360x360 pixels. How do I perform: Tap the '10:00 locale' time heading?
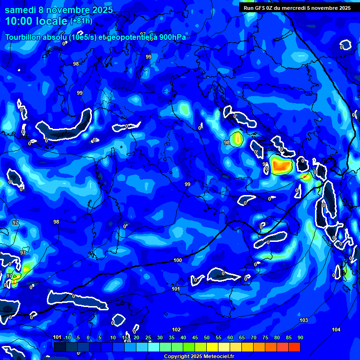[37, 21]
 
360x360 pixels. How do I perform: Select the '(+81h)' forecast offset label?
[81, 21]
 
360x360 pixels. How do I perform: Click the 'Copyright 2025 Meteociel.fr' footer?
[199, 356]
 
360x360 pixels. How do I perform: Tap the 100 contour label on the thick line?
[178, 260]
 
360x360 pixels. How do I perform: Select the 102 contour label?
[176, 330]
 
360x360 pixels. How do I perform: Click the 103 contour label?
[304, 320]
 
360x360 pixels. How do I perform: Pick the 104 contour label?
[336, 330]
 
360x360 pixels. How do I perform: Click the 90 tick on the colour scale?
[300, 337]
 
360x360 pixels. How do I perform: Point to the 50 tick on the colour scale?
[206, 337]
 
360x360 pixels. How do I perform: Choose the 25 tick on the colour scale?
[148, 337]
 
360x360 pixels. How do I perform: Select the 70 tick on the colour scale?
[253, 337]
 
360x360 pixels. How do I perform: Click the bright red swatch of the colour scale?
[294, 347]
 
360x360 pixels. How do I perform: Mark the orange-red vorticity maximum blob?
[281, 165]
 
